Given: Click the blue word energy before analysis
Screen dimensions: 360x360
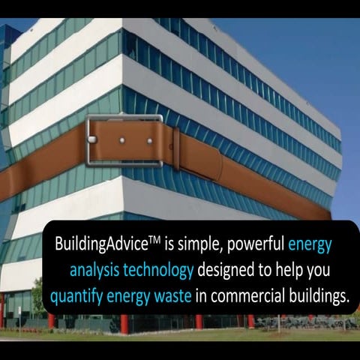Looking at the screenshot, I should (310, 245).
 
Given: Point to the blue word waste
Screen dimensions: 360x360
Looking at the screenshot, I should (175, 295).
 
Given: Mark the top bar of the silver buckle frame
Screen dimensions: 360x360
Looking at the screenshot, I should (124, 118).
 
